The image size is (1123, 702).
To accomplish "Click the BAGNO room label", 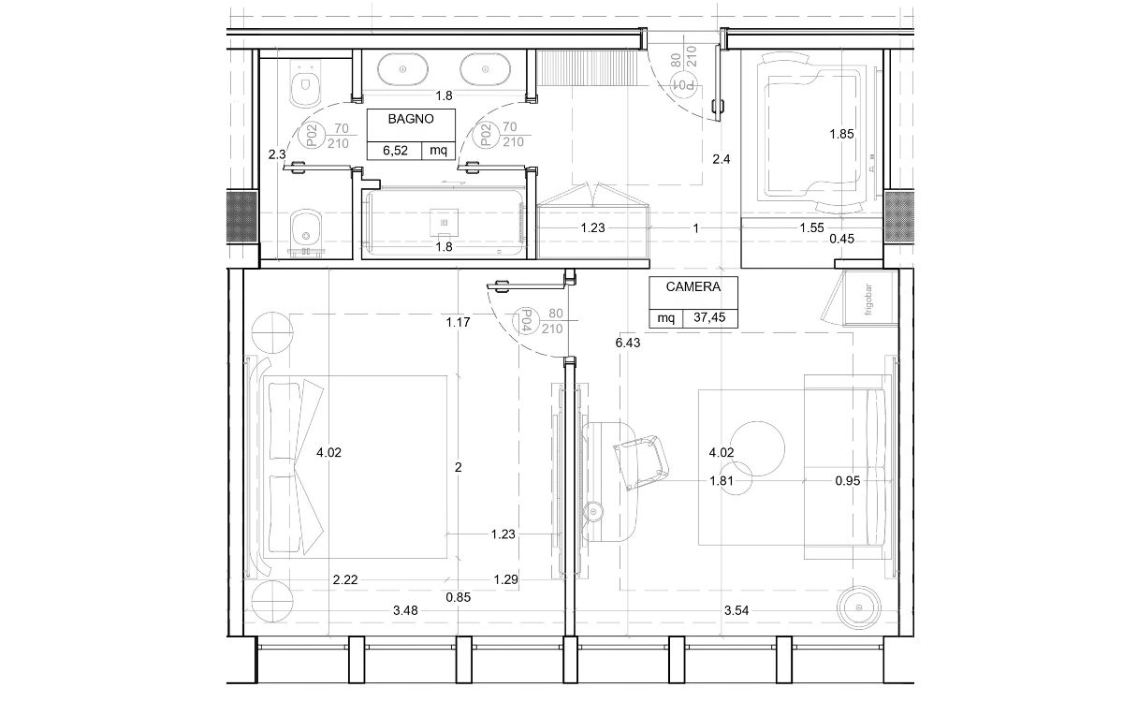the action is (411, 120).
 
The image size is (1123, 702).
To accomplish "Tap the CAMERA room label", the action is (693, 286).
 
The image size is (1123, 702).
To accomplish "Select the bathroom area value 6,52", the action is (395, 151).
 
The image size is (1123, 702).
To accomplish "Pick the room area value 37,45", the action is (709, 317).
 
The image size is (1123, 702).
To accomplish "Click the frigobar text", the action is (868, 300).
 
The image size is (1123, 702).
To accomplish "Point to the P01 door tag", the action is (684, 85).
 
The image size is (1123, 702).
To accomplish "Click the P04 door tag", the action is (526, 320).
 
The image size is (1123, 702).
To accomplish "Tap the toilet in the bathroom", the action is (305, 85).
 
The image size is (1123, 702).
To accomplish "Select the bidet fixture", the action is (306, 232).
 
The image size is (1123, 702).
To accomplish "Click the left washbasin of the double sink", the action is (402, 69).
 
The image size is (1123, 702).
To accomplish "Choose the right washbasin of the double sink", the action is (485, 69).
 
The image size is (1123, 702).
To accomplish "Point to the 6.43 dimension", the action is (628, 343).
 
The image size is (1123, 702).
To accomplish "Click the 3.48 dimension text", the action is (405, 610).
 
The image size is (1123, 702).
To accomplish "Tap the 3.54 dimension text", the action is (737, 610).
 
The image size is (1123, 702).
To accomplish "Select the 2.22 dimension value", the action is (345, 580).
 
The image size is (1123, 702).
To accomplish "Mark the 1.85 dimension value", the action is (841, 135).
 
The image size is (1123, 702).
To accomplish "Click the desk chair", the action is (641, 461).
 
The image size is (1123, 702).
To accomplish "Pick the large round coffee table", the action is (757, 448).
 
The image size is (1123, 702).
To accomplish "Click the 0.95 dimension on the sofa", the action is (848, 481).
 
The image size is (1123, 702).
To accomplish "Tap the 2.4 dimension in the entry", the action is (721, 159).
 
